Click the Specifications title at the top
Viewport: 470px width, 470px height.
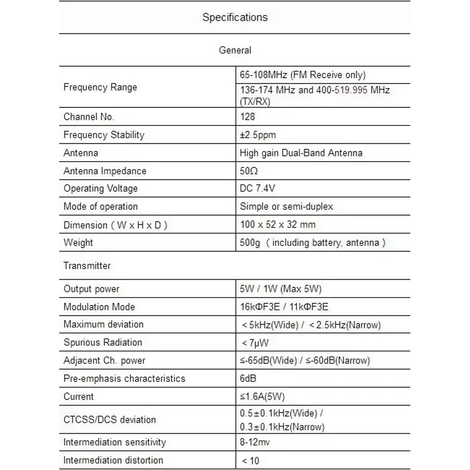tap(235, 17)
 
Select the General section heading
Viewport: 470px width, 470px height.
tap(235, 50)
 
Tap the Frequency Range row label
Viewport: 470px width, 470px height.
tap(100, 87)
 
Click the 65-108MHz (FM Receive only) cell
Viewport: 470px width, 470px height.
tap(302, 75)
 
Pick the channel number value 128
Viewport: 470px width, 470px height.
tap(247, 117)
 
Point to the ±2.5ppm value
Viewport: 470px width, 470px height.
tap(258, 135)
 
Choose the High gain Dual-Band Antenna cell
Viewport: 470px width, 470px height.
tap(301, 153)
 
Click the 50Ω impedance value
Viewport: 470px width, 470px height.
tap(249, 171)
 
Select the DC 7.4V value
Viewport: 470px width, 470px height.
tap(257, 188)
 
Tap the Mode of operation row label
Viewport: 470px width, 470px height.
tap(101, 206)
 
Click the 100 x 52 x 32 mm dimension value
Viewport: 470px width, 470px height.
tap(277, 224)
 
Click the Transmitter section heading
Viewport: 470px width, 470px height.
tap(87, 266)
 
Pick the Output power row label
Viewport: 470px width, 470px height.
tap(91, 289)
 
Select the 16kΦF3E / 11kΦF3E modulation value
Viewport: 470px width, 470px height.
tap(284, 307)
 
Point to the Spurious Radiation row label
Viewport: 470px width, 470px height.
tap(102, 342)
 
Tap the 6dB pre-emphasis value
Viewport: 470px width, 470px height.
tap(248, 378)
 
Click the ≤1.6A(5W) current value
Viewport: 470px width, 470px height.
tap(262, 396)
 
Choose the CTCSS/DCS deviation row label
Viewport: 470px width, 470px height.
tap(110, 419)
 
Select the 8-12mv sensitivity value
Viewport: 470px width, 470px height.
tap(255, 442)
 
